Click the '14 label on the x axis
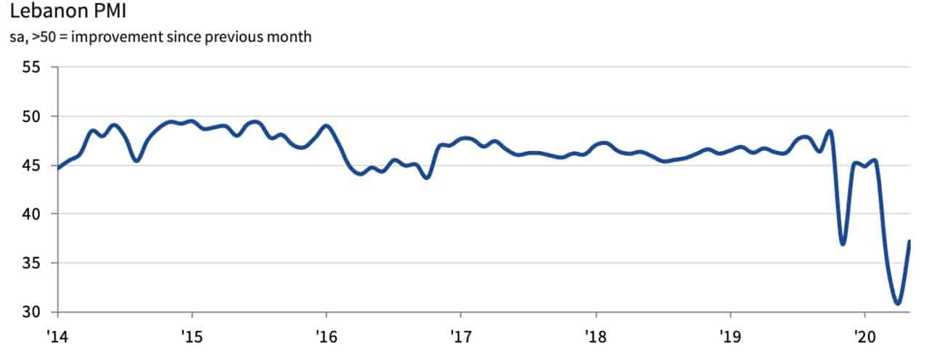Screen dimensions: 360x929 tap(57, 338)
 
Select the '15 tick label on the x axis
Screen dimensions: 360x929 tap(192, 338)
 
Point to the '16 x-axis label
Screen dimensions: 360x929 tap(326, 338)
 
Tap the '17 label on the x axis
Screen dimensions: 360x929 tap(461, 338)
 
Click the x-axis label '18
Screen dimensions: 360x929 tap(595, 338)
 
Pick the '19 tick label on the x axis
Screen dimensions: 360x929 tap(729, 338)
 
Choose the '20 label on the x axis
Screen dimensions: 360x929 tap(864, 338)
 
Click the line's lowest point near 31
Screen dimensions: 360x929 tap(898, 303)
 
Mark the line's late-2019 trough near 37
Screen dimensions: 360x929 tap(843, 244)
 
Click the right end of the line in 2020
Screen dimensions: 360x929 tap(909, 242)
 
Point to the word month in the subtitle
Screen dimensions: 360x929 tap(292, 36)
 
